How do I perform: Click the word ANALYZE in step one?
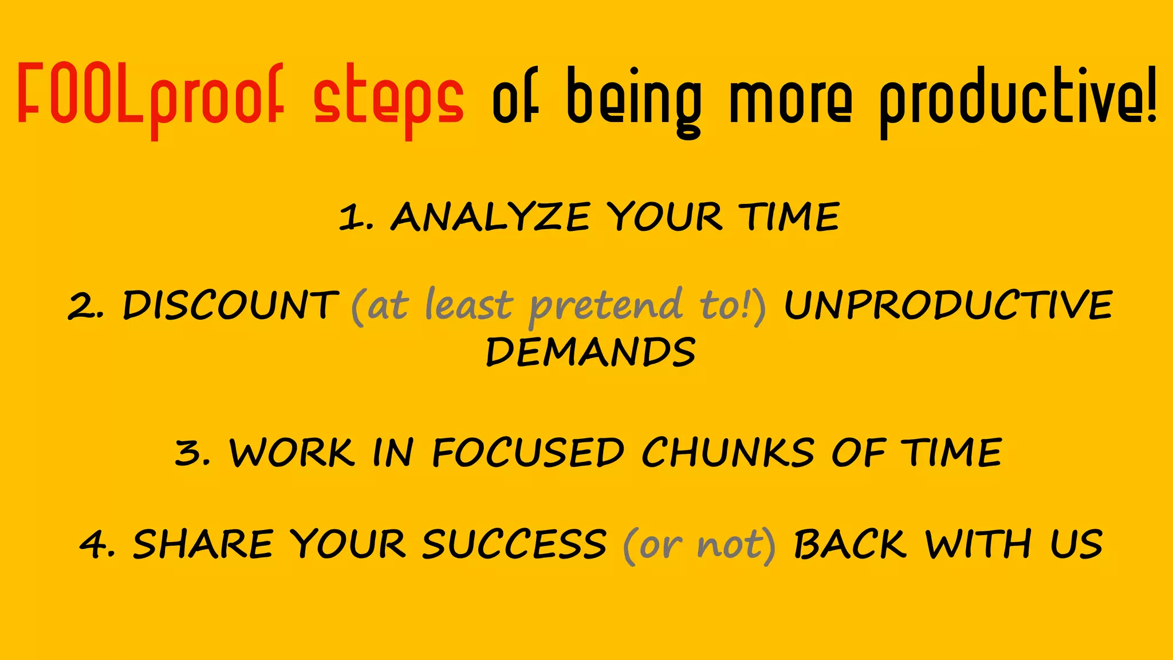[490, 218]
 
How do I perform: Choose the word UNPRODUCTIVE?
[948, 305]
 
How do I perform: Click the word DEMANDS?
[591, 352]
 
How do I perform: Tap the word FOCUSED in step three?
[528, 453]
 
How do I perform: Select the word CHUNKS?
[727, 453]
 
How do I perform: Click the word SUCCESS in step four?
[514, 544]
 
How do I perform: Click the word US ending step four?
[1076, 544]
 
